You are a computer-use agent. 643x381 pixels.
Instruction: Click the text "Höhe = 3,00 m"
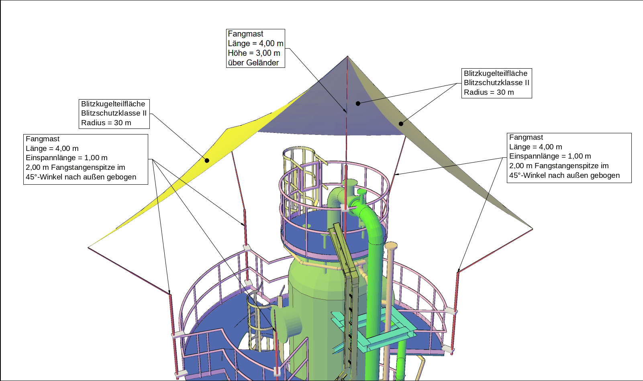[x=254, y=53]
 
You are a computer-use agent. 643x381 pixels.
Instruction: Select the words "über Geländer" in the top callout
[x=253, y=63]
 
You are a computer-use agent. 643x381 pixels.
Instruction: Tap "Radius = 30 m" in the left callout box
[x=106, y=123]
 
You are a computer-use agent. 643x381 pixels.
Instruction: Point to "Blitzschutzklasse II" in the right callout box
[x=496, y=83]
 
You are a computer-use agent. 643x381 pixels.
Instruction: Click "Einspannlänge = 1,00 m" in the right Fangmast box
[x=550, y=156]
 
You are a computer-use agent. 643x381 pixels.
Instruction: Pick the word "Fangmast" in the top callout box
[x=245, y=34]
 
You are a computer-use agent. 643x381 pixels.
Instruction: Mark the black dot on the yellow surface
[x=207, y=160]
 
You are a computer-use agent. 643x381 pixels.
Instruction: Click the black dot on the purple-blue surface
[x=358, y=104]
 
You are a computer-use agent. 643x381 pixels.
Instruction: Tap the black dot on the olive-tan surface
[x=401, y=124]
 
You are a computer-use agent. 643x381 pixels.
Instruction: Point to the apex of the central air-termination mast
[x=347, y=56]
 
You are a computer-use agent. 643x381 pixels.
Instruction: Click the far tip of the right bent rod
[x=533, y=229]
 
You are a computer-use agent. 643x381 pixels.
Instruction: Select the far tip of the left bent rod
[x=88, y=247]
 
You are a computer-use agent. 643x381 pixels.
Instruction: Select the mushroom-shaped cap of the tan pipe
[x=391, y=246]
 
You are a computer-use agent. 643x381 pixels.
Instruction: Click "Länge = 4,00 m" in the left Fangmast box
[x=52, y=148]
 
